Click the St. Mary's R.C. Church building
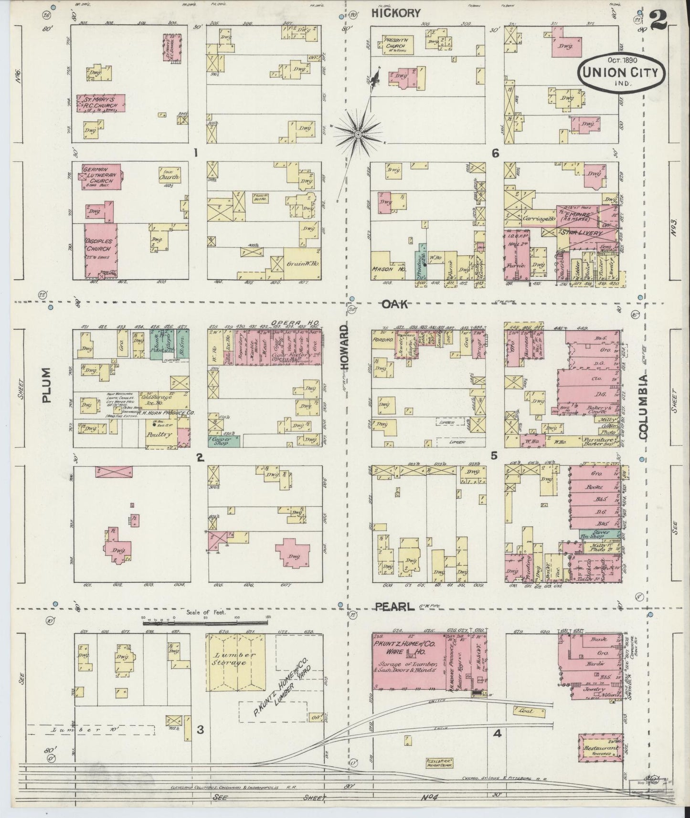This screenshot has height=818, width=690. (x=102, y=103)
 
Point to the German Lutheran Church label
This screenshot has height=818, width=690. (x=98, y=175)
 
